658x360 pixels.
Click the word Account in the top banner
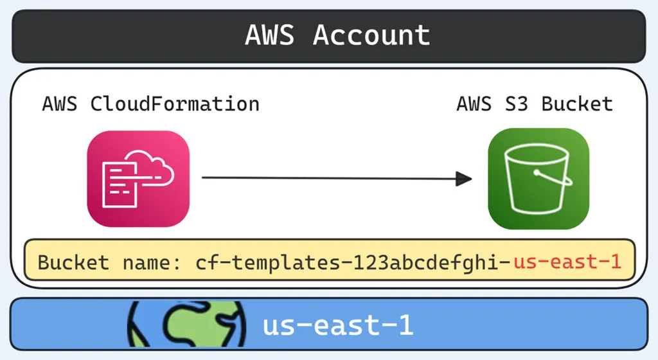pos(371,35)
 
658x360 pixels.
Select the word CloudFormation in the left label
pos(175,104)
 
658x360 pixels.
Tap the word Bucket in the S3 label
pos(577,104)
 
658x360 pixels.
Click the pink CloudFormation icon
pos(138,178)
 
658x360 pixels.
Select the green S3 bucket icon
pos(538,178)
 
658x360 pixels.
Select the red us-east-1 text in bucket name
pos(567,262)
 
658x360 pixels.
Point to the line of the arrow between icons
pos(328,179)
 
